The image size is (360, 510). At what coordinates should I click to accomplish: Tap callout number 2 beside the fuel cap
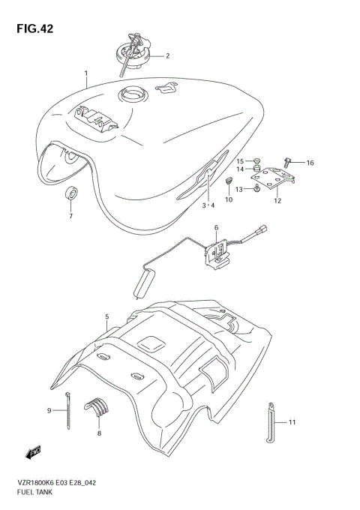pos(167,55)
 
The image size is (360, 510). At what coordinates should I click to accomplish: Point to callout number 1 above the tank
pos(86,74)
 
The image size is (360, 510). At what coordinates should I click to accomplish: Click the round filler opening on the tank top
pos(130,95)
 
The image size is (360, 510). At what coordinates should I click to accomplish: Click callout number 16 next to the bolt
pos(310,163)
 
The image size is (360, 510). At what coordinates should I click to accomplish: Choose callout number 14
pos(241,169)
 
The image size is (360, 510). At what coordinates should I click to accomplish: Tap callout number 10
pos(208,199)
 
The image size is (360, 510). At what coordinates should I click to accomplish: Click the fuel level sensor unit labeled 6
pos(219,250)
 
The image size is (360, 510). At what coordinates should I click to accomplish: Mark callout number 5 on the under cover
pos(107,317)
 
